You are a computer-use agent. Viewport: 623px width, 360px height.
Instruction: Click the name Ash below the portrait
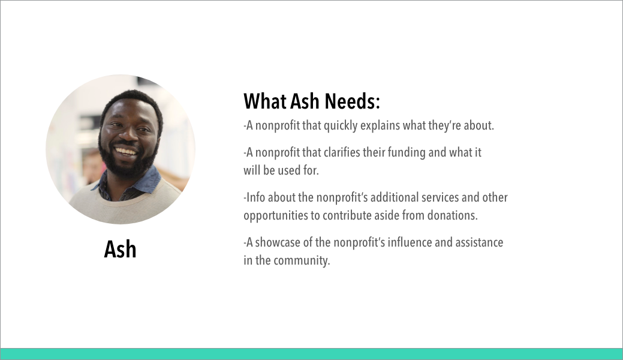coord(120,250)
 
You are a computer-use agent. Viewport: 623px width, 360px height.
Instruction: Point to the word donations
coord(453,215)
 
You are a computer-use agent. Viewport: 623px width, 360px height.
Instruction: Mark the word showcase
coord(278,242)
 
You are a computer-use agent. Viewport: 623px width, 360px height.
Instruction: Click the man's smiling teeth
coord(125,151)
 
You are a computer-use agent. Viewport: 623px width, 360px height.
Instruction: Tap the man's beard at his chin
coord(127,166)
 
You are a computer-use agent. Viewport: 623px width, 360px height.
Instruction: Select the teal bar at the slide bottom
coord(312,354)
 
